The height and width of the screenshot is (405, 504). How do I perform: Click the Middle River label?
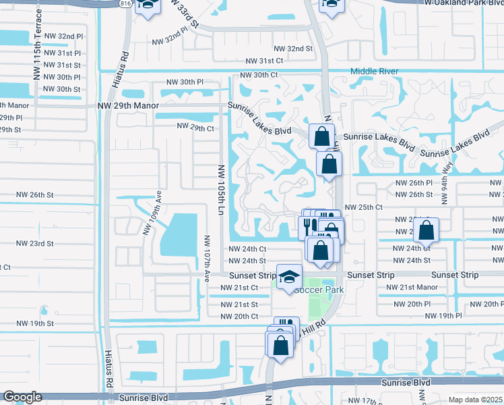coord(374,71)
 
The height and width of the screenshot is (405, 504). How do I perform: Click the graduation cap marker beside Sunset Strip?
coord(289,277)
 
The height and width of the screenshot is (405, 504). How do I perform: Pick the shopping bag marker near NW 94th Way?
coord(427,232)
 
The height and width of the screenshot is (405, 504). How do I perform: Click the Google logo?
coord(22,397)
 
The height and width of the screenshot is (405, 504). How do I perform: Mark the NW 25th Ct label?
coord(363,207)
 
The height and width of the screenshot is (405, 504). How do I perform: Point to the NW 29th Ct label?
coord(195,127)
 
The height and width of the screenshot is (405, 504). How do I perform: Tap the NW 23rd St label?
coord(34,242)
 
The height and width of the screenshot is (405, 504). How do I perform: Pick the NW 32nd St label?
coord(293,49)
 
